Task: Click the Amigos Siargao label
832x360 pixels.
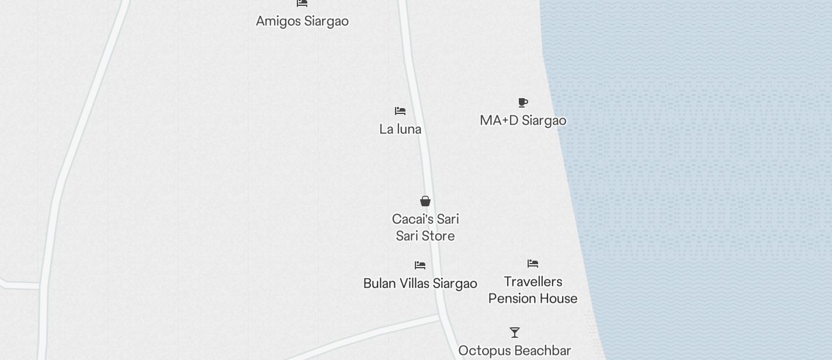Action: (302, 21)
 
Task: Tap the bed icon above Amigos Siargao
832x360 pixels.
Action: (302, 3)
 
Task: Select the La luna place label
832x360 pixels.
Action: (400, 129)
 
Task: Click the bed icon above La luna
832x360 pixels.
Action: (400, 110)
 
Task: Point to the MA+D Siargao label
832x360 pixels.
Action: (523, 120)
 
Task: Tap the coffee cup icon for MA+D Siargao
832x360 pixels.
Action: (523, 103)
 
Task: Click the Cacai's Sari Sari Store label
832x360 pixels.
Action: (425, 227)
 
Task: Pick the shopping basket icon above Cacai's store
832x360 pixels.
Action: (425, 202)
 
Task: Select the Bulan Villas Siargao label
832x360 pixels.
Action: (420, 283)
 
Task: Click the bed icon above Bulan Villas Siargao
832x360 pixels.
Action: (420, 265)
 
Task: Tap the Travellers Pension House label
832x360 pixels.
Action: (533, 290)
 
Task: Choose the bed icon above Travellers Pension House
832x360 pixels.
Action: (533, 264)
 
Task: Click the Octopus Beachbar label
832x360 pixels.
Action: (514, 351)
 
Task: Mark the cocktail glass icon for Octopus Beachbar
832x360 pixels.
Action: (515, 333)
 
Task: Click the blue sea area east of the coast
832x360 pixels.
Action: (701, 175)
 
